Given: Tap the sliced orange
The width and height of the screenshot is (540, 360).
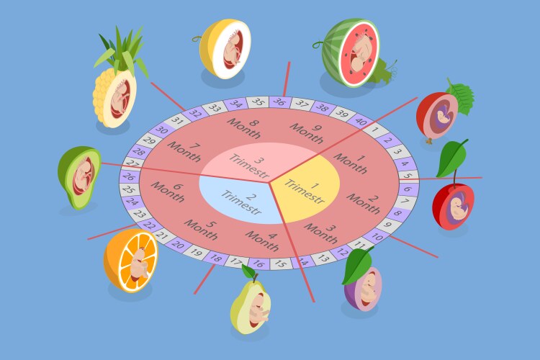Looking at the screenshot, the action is (x=130, y=261).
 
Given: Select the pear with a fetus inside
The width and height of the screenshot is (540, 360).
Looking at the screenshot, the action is (x=251, y=303).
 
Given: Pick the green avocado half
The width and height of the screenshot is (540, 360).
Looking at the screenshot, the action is (x=79, y=177).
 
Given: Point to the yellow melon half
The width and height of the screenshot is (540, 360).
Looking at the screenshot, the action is (x=224, y=48).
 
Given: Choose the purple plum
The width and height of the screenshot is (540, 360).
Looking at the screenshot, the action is (x=363, y=289).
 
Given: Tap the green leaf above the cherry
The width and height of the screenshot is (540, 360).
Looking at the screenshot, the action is (x=452, y=158).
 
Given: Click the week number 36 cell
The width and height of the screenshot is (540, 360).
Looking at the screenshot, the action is (x=280, y=102).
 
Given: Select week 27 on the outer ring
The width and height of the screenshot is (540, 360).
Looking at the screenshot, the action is (x=132, y=163).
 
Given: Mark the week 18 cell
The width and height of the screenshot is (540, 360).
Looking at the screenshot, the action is (x=215, y=258).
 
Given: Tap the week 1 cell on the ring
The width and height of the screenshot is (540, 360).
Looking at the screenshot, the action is (x=375, y=130).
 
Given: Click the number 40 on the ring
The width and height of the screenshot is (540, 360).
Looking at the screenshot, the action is (x=360, y=121).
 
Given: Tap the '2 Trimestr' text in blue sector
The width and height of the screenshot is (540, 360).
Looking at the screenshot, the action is (x=243, y=202).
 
